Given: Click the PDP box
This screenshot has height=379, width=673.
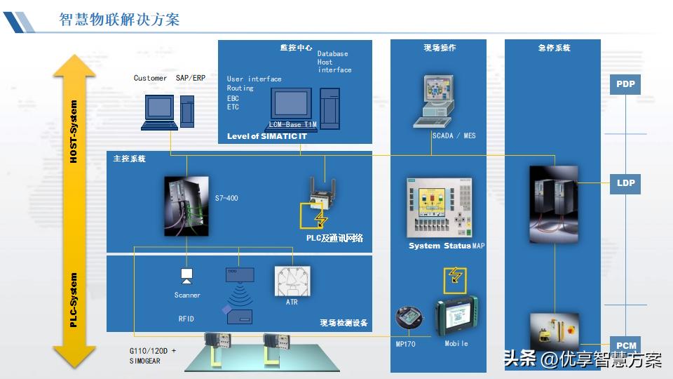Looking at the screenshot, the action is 625,84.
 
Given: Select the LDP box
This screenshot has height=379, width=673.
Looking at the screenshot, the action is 625,183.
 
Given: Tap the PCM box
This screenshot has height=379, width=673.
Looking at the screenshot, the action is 626,345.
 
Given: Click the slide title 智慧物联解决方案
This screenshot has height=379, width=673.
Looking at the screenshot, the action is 119,19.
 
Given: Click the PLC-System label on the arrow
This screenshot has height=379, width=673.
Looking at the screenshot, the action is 74,300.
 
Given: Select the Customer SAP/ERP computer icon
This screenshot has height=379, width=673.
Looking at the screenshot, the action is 160,111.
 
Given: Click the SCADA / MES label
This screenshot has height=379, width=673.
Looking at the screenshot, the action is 454,135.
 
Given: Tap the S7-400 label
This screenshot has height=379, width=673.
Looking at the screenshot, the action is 226,199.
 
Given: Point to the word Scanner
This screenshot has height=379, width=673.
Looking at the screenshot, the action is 187,295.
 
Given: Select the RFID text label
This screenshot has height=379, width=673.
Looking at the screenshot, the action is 186,319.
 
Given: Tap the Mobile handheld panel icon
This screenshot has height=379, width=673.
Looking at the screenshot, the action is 456,317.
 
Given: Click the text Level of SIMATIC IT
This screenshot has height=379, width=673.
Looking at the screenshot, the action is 267,136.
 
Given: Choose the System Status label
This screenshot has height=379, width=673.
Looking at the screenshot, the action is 440,246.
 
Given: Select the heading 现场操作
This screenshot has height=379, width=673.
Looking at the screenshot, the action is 440,48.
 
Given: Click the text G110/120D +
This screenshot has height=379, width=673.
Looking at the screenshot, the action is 153,350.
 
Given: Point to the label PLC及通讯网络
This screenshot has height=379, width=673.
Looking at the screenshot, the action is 334,239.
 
